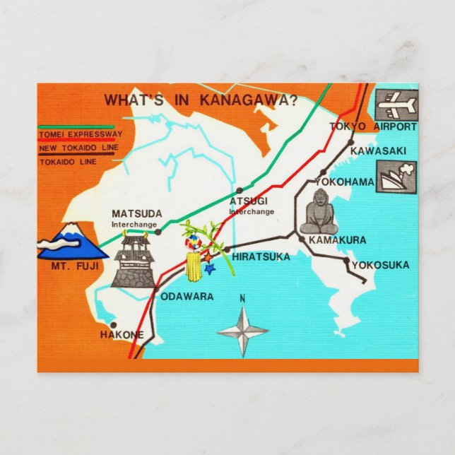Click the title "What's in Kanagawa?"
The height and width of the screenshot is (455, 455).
coord(201,100)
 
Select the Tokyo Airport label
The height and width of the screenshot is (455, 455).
coord(373,127)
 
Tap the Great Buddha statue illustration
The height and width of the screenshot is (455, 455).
coord(318,215)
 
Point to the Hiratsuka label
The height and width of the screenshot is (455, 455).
coord(261,257)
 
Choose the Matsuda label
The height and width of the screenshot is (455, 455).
coord(137,213)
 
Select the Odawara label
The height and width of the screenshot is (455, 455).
coord(187,297)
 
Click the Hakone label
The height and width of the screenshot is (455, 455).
coord(122,334)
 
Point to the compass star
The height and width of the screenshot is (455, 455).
coord(242,331)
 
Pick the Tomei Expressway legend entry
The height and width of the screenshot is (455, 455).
coord(81,134)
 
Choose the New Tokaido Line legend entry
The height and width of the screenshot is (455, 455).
coord(78,148)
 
